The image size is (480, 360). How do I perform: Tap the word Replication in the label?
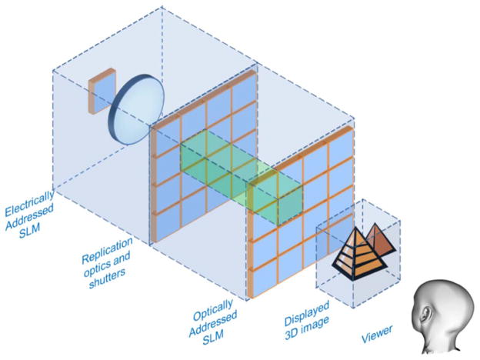point(111,242)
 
